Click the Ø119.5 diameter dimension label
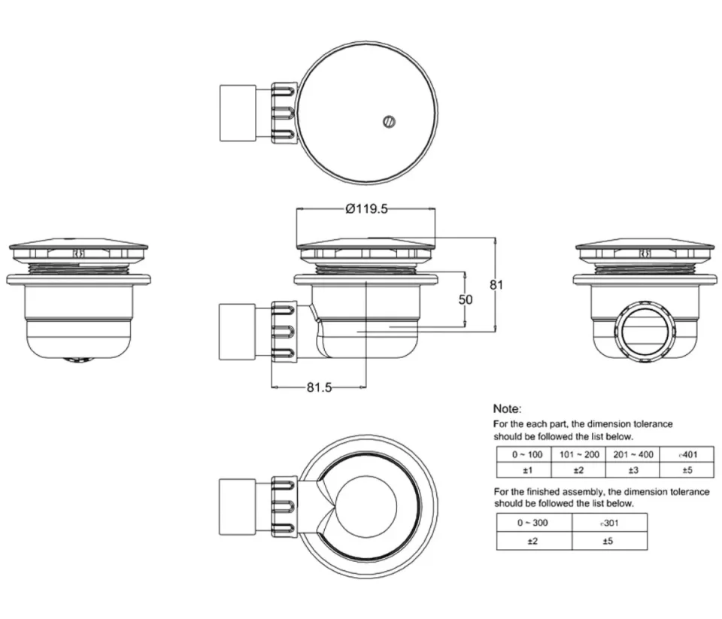click(366, 210)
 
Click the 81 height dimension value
click(496, 284)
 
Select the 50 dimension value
click(466, 299)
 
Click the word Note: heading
click(507, 408)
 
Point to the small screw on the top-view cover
click(389, 121)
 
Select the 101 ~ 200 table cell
click(578, 454)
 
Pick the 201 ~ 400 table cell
click(632, 454)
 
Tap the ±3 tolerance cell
click(632, 470)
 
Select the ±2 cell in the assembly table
click(534, 541)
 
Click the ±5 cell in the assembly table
click(609, 541)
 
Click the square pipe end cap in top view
click(236, 113)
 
